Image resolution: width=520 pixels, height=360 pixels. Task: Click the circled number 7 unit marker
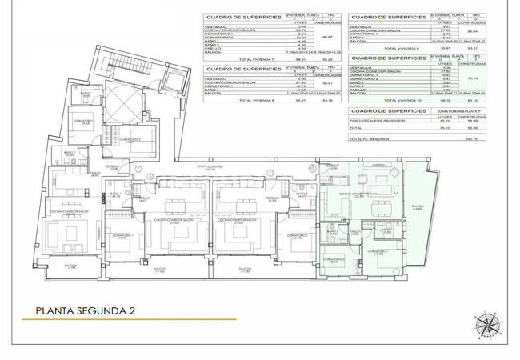click(139, 170)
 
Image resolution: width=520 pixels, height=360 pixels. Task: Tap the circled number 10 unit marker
click(310, 169)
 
